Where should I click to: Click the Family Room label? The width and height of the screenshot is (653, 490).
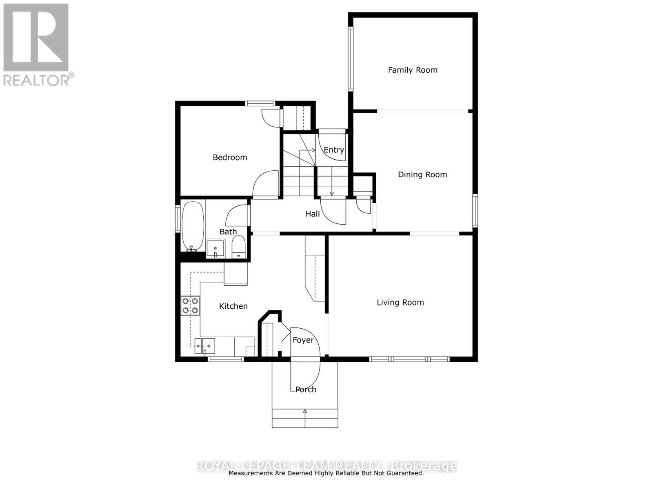(412, 70)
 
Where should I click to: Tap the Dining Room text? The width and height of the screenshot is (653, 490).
(422, 175)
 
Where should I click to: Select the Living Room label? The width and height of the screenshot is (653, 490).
(400, 303)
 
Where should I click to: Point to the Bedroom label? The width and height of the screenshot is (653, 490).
(230, 158)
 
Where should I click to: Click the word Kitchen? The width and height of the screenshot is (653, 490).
(233, 306)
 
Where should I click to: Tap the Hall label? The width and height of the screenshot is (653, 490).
(313, 214)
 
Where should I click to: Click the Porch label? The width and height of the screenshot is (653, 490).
(306, 390)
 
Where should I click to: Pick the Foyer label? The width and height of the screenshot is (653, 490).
(303, 340)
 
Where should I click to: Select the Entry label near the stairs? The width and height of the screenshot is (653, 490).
(333, 150)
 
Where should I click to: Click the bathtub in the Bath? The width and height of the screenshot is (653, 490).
(193, 226)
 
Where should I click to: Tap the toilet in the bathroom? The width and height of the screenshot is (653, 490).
(238, 247)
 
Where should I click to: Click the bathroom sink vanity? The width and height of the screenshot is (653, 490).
(215, 248)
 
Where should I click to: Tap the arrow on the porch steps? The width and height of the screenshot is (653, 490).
(305, 412)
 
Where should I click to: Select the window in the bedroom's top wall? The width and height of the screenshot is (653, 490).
(260, 103)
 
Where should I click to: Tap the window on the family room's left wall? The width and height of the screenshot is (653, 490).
(350, 58)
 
